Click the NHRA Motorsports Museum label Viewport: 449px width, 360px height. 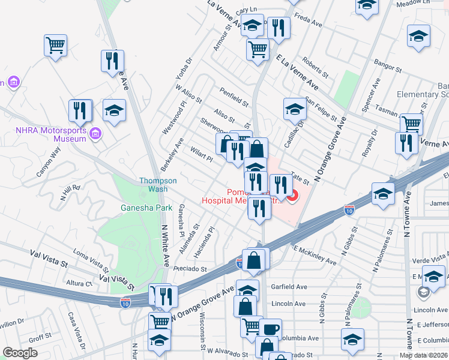click(x=52, y=134)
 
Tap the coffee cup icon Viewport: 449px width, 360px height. click(x=270, y=329)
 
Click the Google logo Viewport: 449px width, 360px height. click(x=20, y=353)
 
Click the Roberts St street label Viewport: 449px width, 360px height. click(x=316, y=68)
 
